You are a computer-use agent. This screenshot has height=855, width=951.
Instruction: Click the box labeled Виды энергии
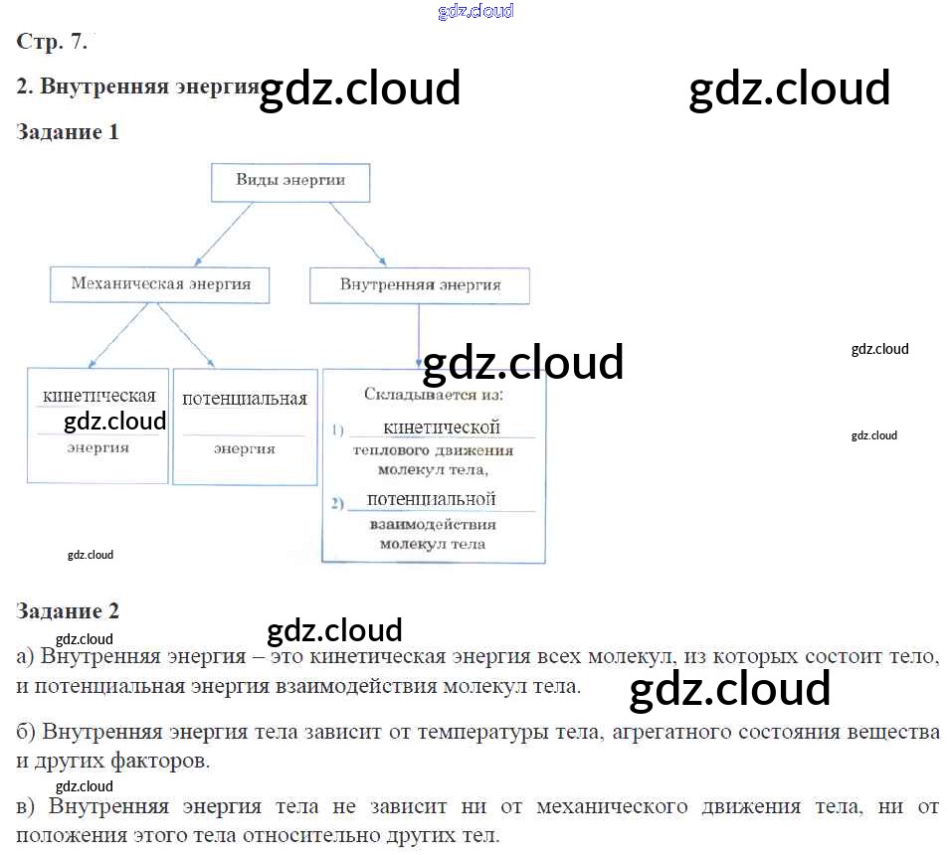point(290,182)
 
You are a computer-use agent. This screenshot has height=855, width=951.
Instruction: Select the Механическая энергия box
point(161,284)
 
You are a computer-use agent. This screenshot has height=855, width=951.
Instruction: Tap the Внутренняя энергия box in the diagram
point(420,285)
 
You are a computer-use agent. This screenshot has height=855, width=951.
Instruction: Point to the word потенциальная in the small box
point(245,399)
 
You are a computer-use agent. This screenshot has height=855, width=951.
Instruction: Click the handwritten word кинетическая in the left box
point(99,395)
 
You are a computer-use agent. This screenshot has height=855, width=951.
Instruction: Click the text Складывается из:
point(434,395)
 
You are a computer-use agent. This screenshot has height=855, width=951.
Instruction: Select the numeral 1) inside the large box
point(337,430)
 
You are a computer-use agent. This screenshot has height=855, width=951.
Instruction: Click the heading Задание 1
point(68,132)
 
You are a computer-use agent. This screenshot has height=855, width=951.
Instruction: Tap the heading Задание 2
point(68,610)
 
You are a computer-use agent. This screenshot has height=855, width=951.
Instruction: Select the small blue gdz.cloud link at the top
point(475,12)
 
